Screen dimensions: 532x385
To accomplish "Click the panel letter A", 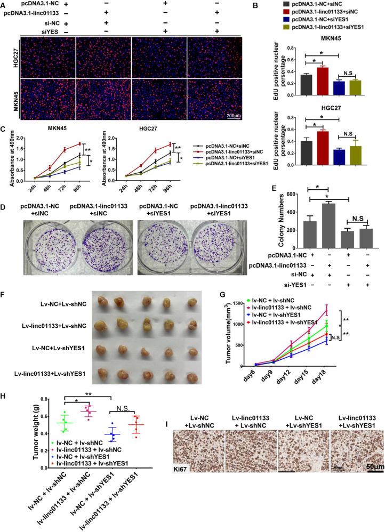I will pyautogui.click(x=4, y=5).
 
